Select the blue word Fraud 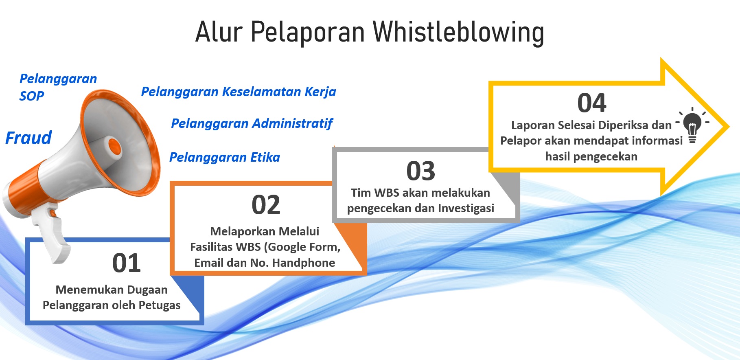(x=28, y=138)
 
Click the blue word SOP (x=32, y=96)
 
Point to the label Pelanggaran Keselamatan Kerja (x=239, y=92)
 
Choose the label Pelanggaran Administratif (x=252, y=123)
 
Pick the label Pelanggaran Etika (x=225, y=157)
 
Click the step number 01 (x=127, y=263)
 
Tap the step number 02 (x=266, y=205)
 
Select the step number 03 (x=420, y=171)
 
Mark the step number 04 (x=591, y=103)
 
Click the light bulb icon (x=692, y=124)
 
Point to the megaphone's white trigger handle (x=53, y=236)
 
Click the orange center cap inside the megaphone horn (x=114, y=146)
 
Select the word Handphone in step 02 (x=303, y=263)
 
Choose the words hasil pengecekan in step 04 (x=591, y=157)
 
